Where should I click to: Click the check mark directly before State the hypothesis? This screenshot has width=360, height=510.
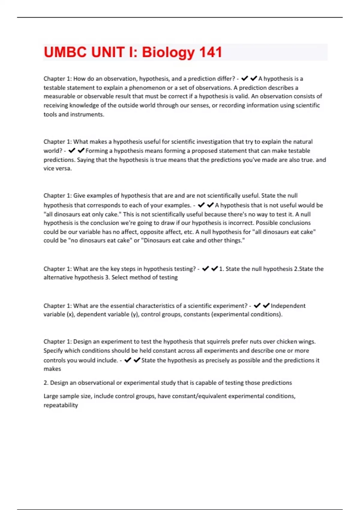point(137,360)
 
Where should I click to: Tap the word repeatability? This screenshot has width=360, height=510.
point(61,405)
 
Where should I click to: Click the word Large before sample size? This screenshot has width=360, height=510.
point(51,396)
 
